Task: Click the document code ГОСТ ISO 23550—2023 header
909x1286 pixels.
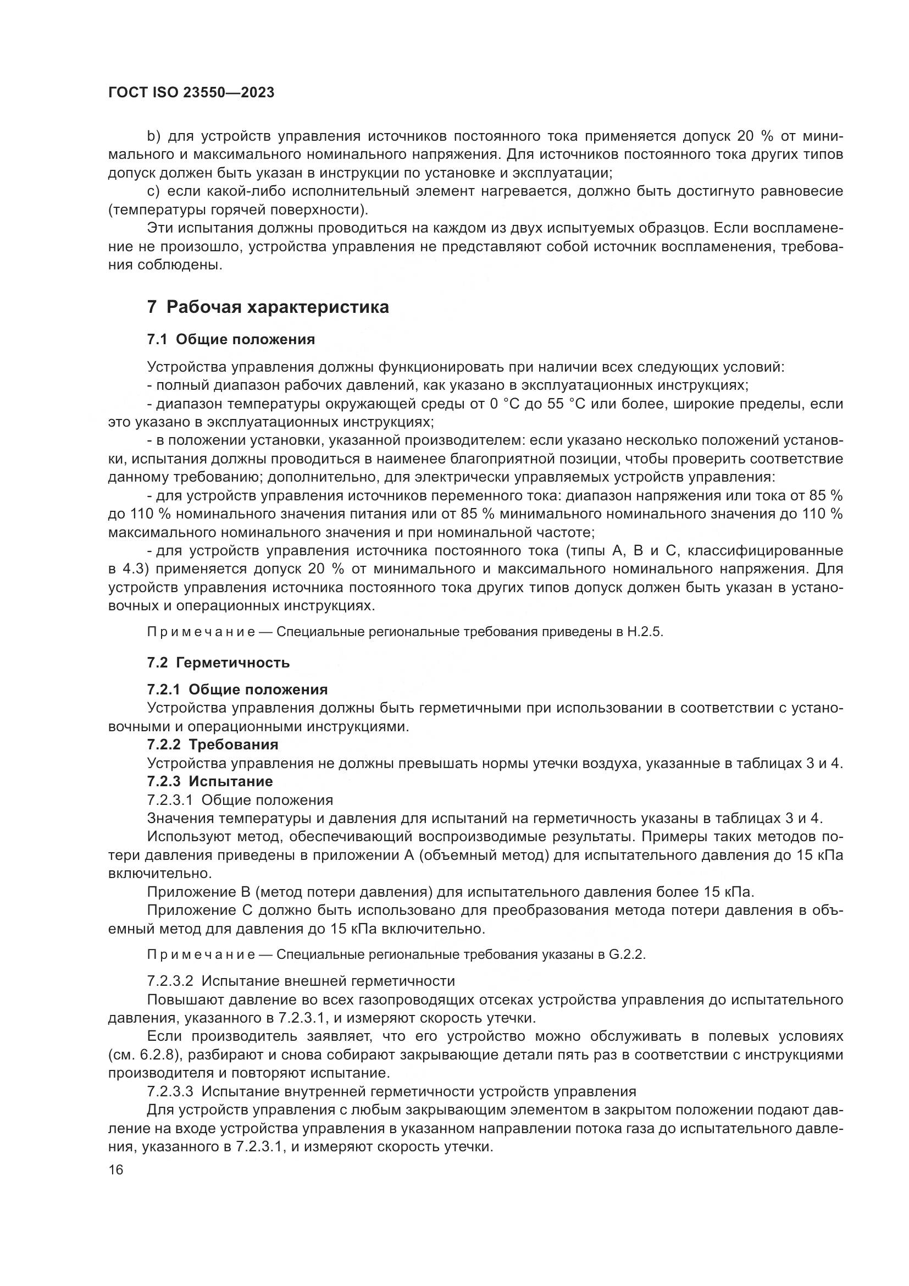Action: pyautogui.click(x=191, y=93)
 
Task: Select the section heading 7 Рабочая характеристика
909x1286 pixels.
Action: pyautogui.click(x=268, y=307)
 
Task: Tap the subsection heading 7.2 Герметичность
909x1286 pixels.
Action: pyautogui.click(x=218, y=663)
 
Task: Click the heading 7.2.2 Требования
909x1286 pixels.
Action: pyautogui.click(x=213, y=744)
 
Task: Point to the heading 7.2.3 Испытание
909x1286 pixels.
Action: pyautogui.click(x=210, y=781)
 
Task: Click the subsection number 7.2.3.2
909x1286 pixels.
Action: pyautogui.click(x=170, y=981)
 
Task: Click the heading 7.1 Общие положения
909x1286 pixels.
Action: pyautogui.click(x=231, y=339)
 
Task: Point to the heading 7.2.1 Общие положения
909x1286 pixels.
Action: pyautogui.click(x=237, y=689)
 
